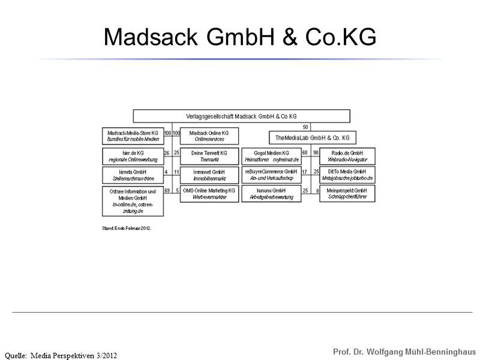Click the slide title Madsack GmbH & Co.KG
[240, 37]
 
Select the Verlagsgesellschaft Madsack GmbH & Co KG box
[241, 116]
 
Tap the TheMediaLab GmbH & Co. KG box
[311, 138]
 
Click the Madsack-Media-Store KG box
[133, 136]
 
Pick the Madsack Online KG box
[209, 136]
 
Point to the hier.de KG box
[133, 156]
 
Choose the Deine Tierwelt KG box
[209, 156]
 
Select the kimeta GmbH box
[133, 175]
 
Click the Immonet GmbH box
[209, 175]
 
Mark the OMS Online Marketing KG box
[209, 193]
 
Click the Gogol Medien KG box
[271, 156]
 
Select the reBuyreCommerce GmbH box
[271, 175]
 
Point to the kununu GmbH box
[271, 193]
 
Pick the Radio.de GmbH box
[347, 156]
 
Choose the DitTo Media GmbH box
[347, 175]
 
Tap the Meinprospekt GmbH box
[347, 193]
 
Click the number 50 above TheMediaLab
[305, 127]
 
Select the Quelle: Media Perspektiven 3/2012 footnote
[61, 355]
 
